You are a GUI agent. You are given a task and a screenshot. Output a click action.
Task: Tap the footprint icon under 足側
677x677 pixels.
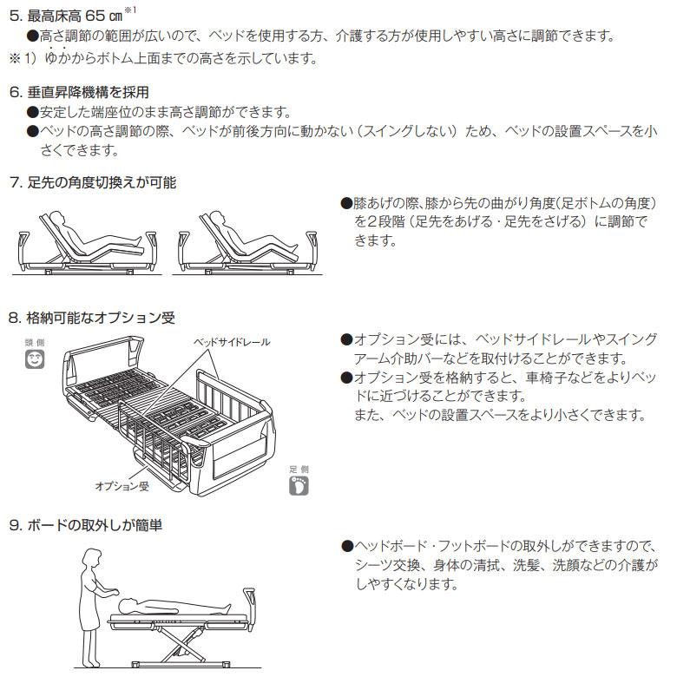pos(299,484)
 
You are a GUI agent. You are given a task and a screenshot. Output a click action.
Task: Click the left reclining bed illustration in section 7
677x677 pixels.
pos(87,244)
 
